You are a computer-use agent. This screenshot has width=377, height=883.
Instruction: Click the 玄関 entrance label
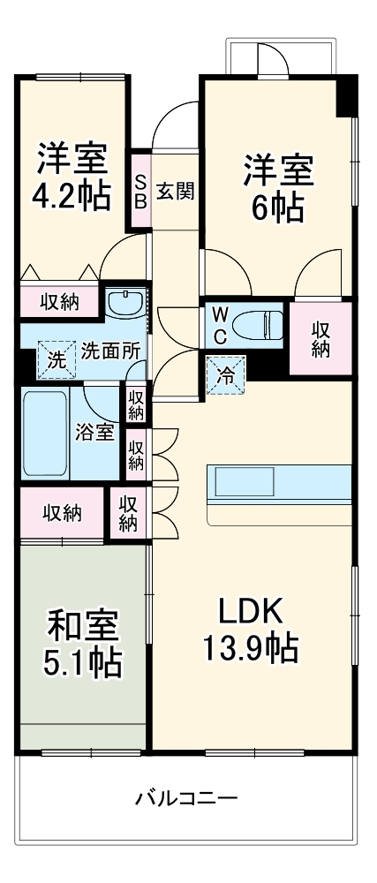click(x=175, y=192)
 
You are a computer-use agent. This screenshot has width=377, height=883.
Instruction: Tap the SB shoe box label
click(x=141, y=191)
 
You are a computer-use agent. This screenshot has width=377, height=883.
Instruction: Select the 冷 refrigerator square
click(x=225, y=375)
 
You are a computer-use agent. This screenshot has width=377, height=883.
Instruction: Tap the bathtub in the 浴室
click(x=45, y=433)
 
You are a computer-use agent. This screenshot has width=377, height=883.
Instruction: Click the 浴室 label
click(x=95, y=433)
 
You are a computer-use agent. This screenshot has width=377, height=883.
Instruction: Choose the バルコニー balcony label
click(x=186, y=798)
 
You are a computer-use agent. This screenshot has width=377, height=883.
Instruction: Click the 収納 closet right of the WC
click(x=320, y=338)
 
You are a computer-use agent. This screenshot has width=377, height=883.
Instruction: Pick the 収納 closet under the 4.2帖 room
click(x=59, y=303)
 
